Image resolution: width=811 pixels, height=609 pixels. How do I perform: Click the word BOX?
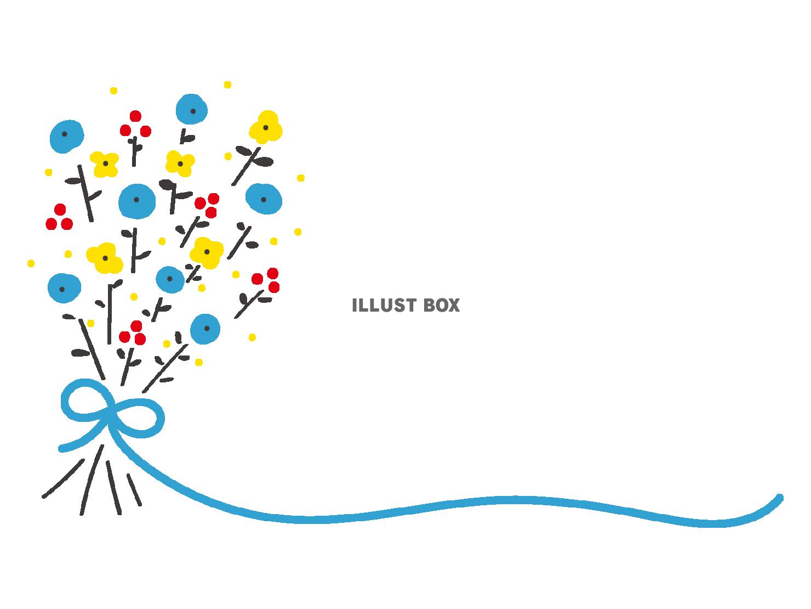442,306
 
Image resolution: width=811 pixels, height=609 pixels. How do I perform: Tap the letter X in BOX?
454,306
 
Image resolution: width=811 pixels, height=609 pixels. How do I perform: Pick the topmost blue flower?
192,110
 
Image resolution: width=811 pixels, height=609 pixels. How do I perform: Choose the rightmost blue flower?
264,199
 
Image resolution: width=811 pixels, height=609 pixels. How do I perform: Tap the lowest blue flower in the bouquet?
205,329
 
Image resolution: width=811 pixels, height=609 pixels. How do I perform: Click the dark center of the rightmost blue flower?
264,200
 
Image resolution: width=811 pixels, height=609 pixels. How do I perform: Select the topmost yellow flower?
266,128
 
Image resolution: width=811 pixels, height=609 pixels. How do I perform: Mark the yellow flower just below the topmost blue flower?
180,163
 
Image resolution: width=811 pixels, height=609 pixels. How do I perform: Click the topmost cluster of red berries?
135,126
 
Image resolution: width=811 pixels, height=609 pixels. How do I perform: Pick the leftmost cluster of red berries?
59,218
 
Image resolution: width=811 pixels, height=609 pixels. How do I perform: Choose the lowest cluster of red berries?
133,333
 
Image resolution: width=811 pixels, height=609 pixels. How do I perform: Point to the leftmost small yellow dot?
31,263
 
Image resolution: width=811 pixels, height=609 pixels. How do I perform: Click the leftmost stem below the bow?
63,478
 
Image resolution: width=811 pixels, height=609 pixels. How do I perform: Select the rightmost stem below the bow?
134,489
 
